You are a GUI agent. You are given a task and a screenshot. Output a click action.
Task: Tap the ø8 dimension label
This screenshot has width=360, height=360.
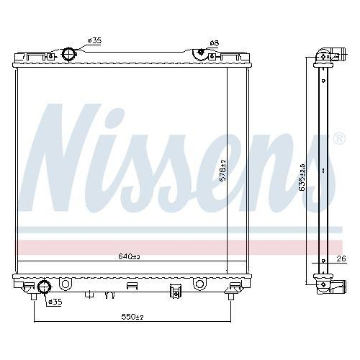[214, 43]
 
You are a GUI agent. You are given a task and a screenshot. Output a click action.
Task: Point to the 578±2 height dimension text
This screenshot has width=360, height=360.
[224, 171]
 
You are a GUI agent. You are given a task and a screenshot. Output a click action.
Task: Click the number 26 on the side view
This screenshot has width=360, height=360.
[341, 258]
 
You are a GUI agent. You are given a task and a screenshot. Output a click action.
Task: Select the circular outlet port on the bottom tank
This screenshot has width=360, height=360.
[43, 287]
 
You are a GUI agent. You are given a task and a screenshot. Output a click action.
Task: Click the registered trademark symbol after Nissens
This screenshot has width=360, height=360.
[338, 138]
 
